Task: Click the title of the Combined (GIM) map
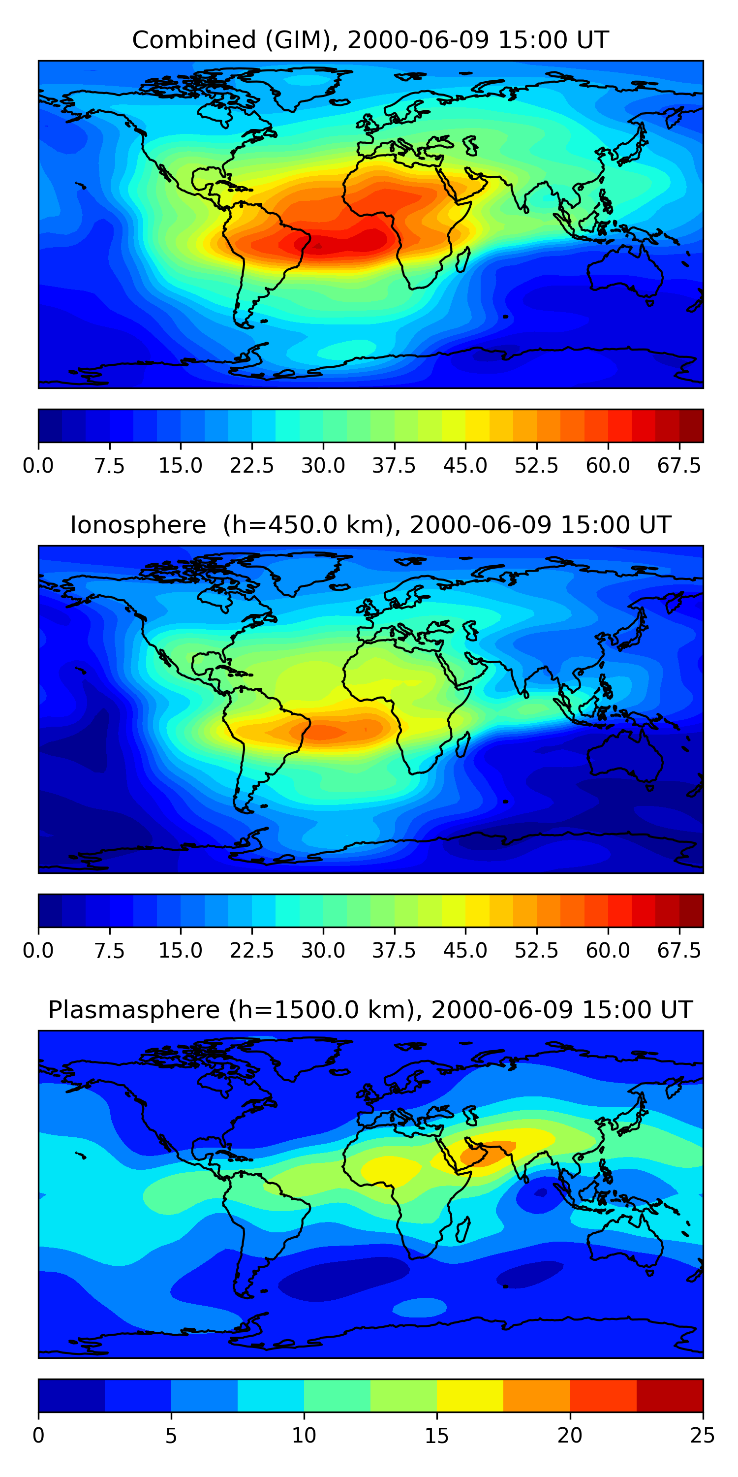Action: tap(370, 40)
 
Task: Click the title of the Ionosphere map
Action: tap(370, 525)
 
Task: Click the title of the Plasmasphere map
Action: tap(370, 1010)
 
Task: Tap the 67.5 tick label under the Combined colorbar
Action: tap(679, 466)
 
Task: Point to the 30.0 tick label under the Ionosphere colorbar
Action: tap(323, 950)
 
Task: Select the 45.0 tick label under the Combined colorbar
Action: tap(465, 466)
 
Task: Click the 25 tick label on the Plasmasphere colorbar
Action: tap(703, 1435)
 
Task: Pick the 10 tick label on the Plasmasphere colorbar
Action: tap(304, 1435)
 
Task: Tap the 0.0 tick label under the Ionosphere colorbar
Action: tap(38, 950)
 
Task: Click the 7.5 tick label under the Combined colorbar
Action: tap(109, 466)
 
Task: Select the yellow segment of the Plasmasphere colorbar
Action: tap(470, 1395)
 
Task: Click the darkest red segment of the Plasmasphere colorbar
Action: tap(669, 1395)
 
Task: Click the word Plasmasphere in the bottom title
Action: tap(133, 1010)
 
